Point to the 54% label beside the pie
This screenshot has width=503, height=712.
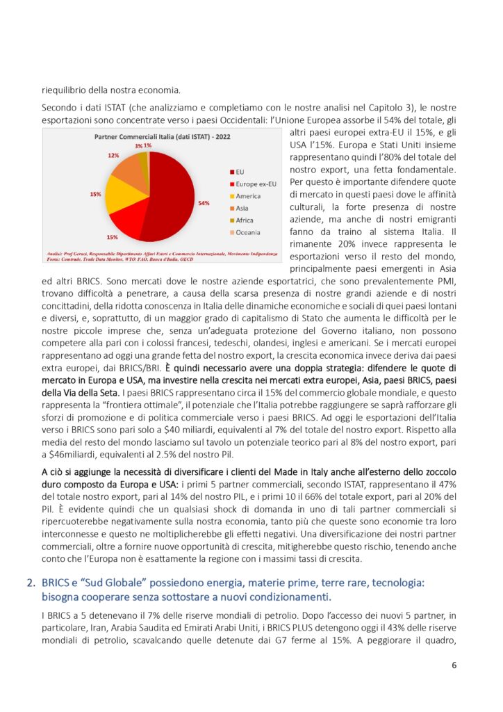pyautogui.click(x=204, y=203)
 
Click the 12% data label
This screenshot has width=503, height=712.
pyautogui.click(x=113, y=155)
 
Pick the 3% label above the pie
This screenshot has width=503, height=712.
pyautogui.click(x=139, y=146)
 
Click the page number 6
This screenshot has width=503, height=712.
pyautogui.click(x=454, y=665)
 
